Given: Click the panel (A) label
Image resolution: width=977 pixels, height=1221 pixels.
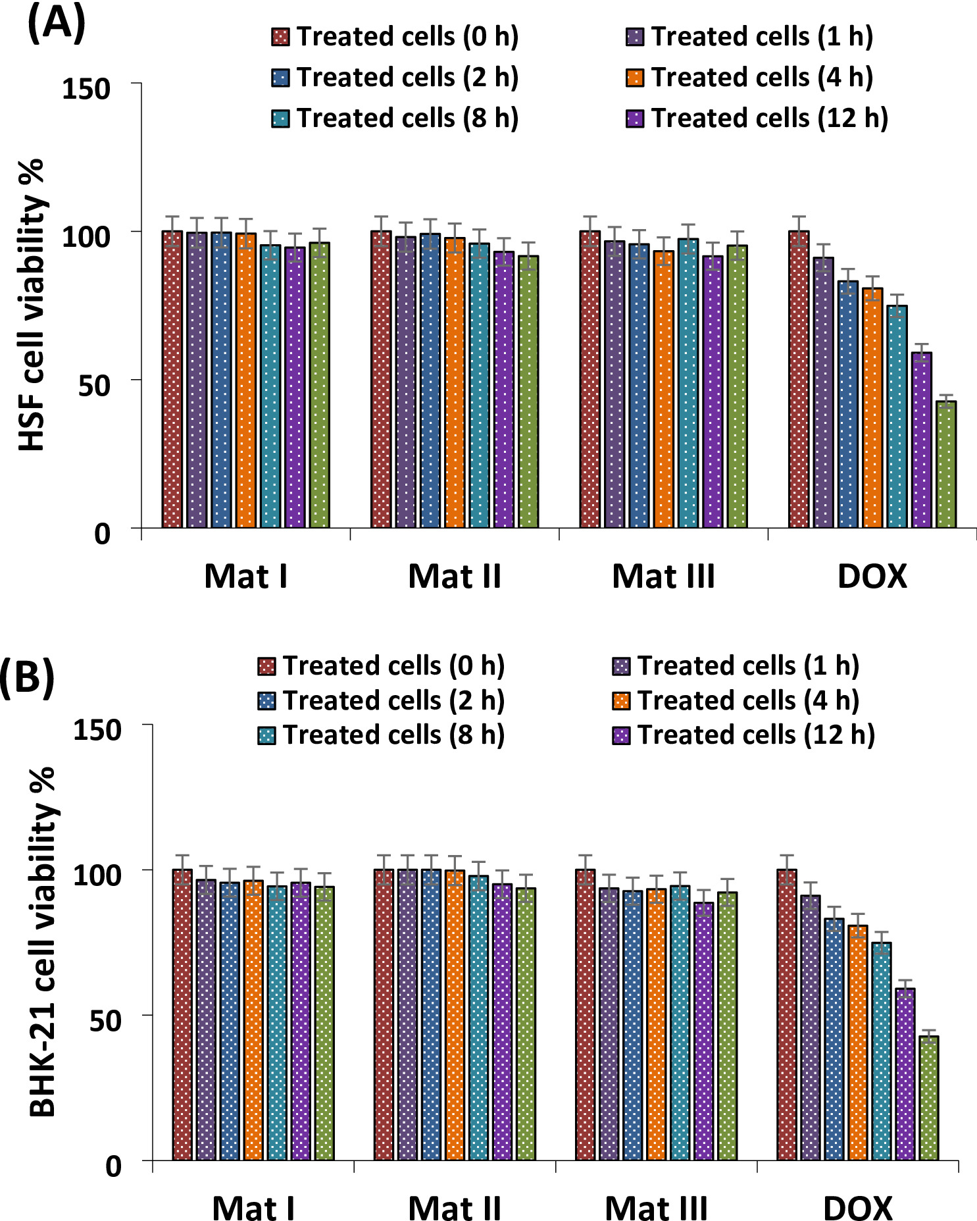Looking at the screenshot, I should [57, 24].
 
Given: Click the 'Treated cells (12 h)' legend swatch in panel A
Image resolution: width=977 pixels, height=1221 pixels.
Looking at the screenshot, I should [634, 119].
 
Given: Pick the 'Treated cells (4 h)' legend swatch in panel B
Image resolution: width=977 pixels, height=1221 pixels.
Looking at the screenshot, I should [620, 701].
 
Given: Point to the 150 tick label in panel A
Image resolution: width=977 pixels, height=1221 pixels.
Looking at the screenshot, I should [86, 89].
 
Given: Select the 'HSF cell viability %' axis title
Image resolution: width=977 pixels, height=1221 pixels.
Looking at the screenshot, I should [32, 305].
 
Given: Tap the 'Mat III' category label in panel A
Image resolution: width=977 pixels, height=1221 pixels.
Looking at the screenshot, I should [663, 577].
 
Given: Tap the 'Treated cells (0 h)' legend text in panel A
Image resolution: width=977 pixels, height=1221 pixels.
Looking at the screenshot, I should [407, 37].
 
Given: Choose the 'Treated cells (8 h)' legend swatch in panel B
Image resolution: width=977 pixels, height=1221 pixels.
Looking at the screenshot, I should [266, 735].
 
